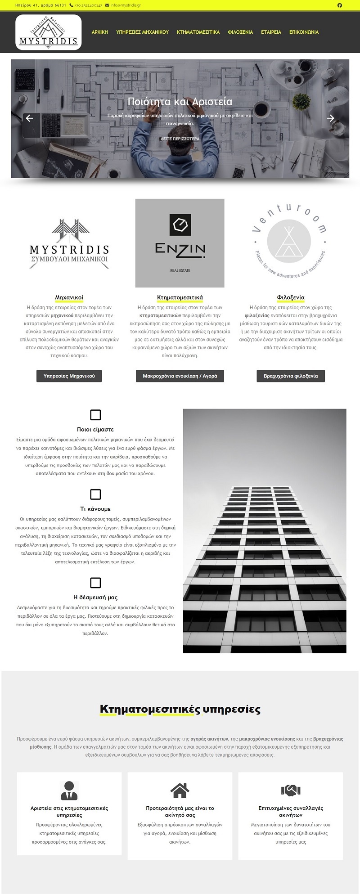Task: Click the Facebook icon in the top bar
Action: pyautogui.click(x=339, y=5)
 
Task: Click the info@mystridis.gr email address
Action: pyautogui.click(x=125, y=5)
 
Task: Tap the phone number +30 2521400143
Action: pyautogui.click(x=88, y=5)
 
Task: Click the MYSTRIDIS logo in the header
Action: pyautogui.click(x=49, y=32)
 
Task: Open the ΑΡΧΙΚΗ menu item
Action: pyautogui.click(x=100, y=32)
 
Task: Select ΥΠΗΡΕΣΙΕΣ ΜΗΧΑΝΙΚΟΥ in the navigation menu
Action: pyautogui.click(x=142, y=32)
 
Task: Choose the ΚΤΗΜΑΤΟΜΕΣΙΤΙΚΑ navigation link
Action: pyautogui.click(x=198, y=32)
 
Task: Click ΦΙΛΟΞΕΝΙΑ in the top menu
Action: pyautogui.click(x=240, y=32)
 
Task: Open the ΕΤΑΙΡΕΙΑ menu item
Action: pyautogui.click(x=271, y=32)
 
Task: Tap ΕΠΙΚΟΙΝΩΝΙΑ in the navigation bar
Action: pyautogui.click(x=304, y=32)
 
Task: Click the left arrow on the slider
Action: pyautogui.click(x=30, y=118)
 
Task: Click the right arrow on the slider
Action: pyautogui.click(x=330, y=118)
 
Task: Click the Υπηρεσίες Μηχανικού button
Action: pyautogui.click(x=69, y=376)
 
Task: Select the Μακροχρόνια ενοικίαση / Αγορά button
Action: pyautogui.click(x=180, y=376)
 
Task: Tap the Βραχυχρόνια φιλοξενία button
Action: pyautogui.click(x=291, y=376)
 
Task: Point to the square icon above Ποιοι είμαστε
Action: pyautogui.click(x=95, y=415)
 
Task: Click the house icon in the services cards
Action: pyautogui.click(x=180, y=791)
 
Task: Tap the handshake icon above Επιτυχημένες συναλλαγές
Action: pyautogui.click(x=291, y=791)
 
